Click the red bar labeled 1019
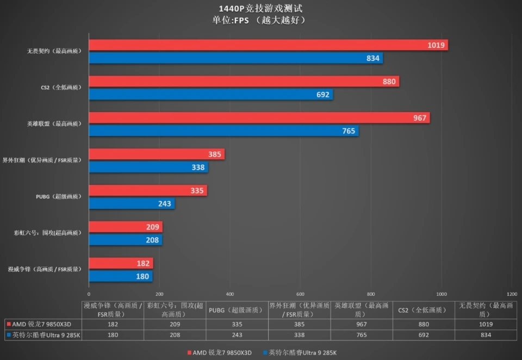click(266, 45)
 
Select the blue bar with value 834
click(234, 58)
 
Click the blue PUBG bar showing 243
click(130, 204)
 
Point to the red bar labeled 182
click(120, 264)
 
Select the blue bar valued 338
click(147, 167)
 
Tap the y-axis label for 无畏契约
click(54, 52)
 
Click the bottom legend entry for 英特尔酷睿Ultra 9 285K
click(299, 353)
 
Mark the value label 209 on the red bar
click(152, 227)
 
